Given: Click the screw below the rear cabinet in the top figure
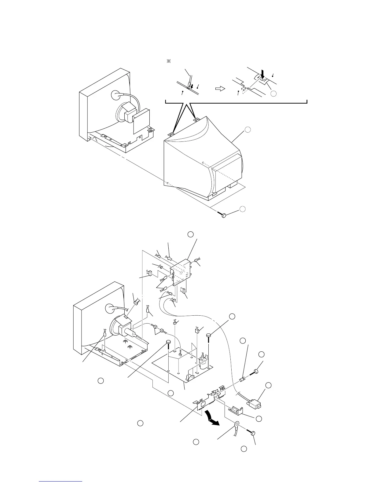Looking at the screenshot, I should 224,215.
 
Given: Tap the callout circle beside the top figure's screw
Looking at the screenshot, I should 242,209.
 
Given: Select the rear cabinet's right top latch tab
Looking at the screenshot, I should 197,119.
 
